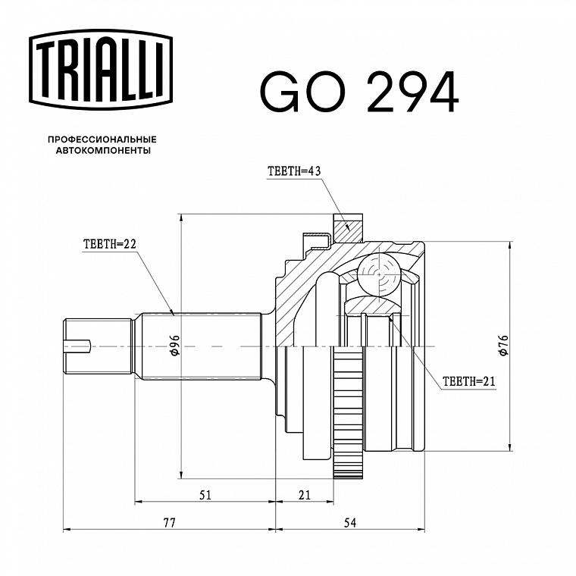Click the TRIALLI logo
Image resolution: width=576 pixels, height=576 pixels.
[x=101, y=70]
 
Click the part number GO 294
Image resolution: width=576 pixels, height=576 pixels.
[x=359, y=92]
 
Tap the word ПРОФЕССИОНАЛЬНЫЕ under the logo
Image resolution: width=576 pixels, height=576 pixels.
[x=102, y=139]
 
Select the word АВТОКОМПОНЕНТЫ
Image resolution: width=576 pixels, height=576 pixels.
[x=103, y=151]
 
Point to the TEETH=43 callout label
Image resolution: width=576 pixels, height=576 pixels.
[x=294, y=171]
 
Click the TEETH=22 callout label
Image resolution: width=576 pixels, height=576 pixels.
[x=110, y=244]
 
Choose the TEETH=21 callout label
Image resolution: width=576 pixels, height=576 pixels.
[x=468, y=381]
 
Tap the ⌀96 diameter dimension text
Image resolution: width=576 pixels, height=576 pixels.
[x=174, y=346]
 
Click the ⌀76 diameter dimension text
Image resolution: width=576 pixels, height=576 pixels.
[x=503, y=346]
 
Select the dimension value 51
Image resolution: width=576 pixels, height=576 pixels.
[x=205, y=495]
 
